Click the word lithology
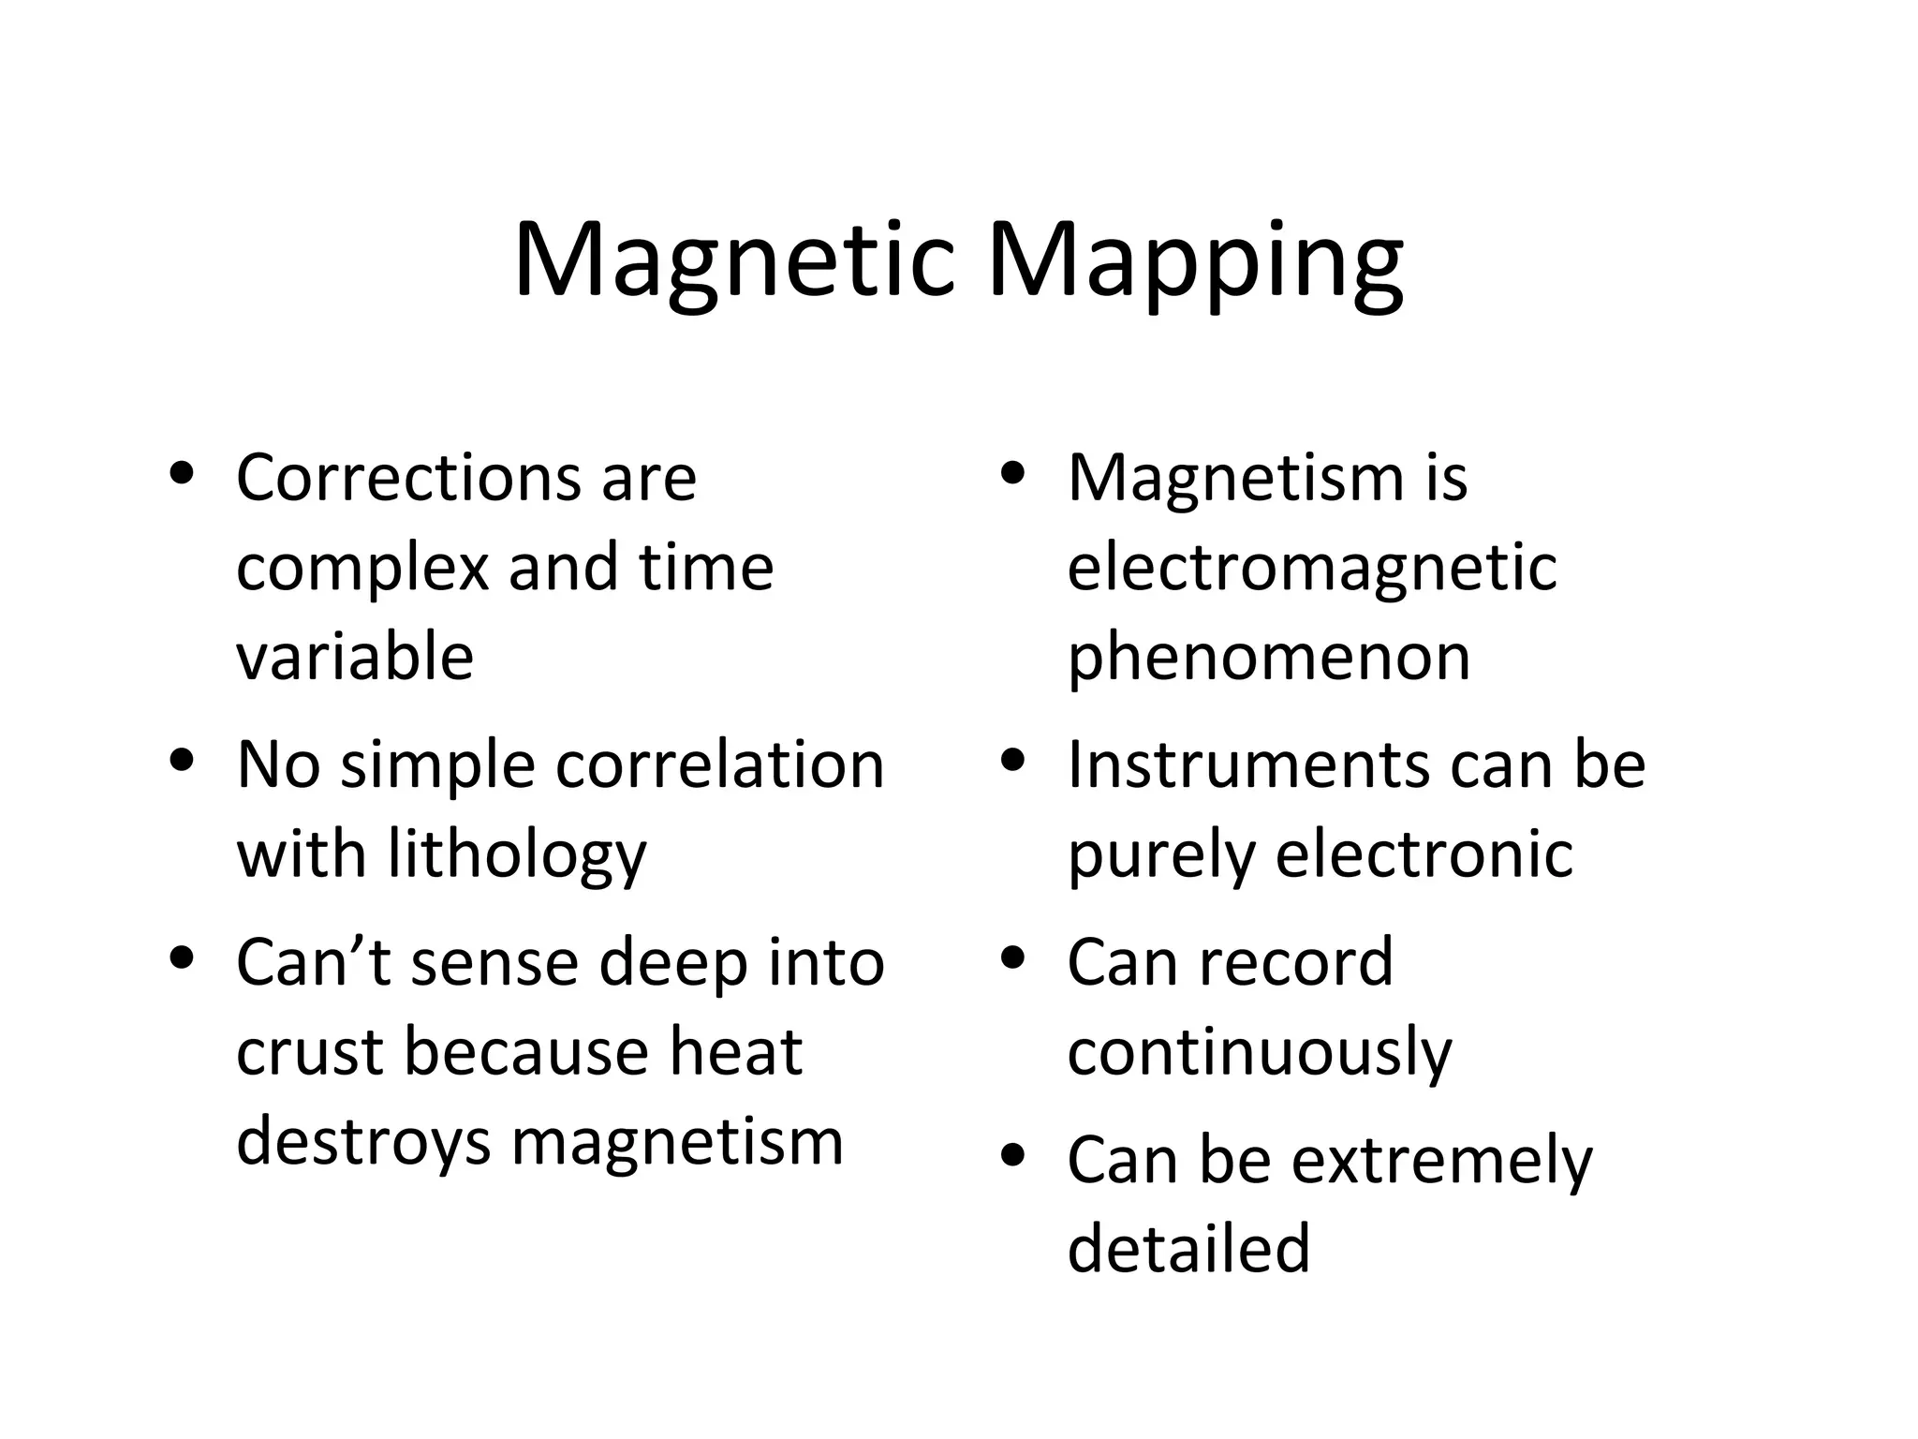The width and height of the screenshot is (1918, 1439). [517, 855]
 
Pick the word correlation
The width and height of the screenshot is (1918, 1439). [720, 765]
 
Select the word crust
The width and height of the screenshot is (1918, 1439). [308, 1052]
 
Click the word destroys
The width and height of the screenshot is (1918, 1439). [363, 1142]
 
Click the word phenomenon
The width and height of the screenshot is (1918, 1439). [1269, 657]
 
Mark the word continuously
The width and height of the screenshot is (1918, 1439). [1260, 1053]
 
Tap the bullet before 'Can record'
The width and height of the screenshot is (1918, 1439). [1013, 958]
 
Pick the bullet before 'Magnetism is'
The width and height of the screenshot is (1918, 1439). [1013, 473]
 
